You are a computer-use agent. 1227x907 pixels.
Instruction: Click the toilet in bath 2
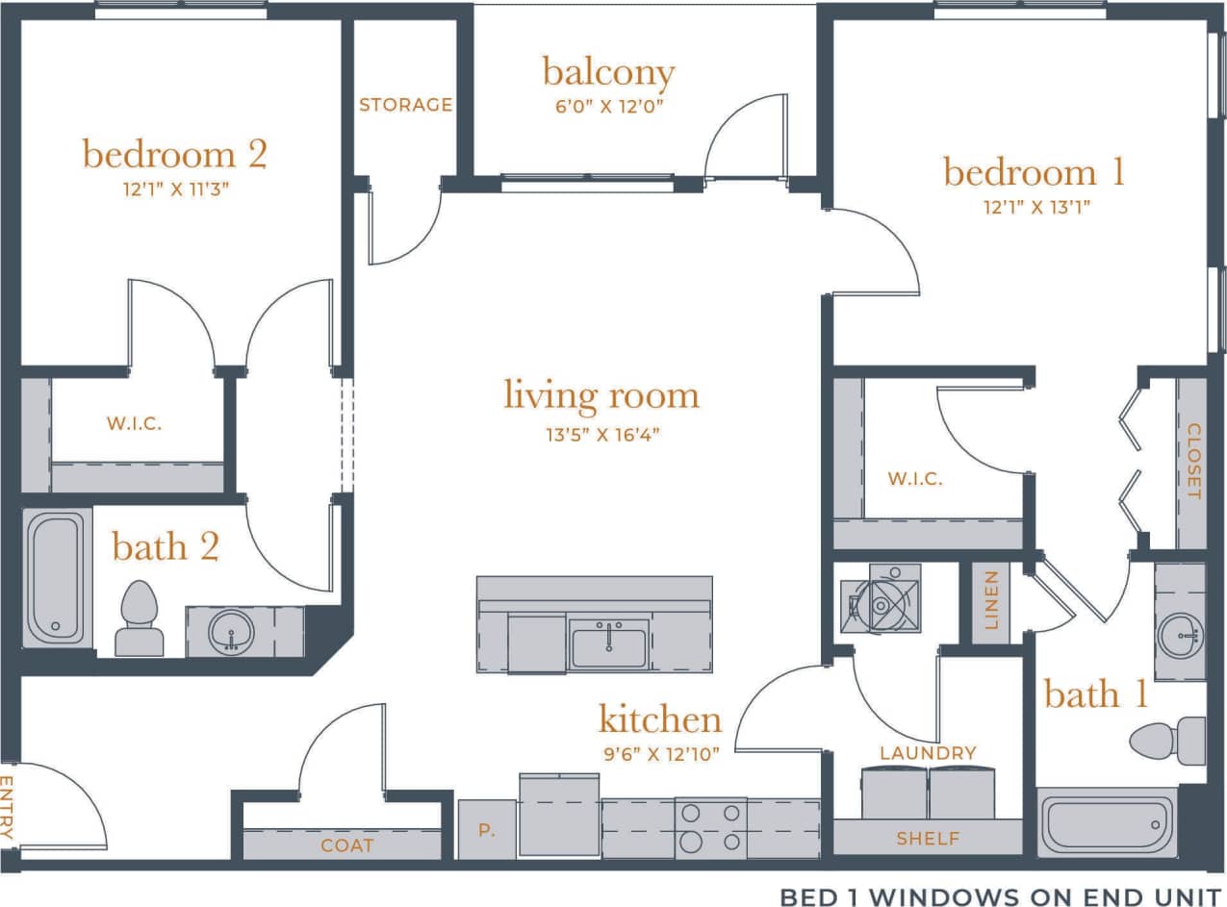[x=138, y=617]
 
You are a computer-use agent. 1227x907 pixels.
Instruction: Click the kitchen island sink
[x=608, y=643]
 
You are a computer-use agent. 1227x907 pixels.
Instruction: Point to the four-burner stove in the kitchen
[x=710, y=827]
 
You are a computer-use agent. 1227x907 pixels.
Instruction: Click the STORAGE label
[x=405, y=105]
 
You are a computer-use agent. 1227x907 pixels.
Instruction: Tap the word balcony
[x=608, y=72]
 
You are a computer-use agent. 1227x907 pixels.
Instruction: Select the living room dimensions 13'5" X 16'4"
[x=601, y=435]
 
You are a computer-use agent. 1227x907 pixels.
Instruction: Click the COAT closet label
[x=347, y=845]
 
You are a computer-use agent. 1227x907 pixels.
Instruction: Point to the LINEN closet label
[x=991, y=601]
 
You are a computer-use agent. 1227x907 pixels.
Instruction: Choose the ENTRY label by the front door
[x=8, y=808]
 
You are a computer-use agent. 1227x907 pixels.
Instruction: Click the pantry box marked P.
[x=486, y=829]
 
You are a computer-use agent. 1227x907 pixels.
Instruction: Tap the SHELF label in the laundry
[x=928, y=839]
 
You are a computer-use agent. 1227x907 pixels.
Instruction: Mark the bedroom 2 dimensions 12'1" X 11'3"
[x=174, y=189]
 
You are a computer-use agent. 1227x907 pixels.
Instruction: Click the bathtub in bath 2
[x=55, y=577]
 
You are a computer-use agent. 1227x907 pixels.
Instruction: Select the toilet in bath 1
[x=1167, y=741]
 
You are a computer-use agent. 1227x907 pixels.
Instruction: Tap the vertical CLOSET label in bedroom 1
[x=1193, y=462]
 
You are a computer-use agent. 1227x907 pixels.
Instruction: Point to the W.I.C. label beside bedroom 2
[x=134, y=422]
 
